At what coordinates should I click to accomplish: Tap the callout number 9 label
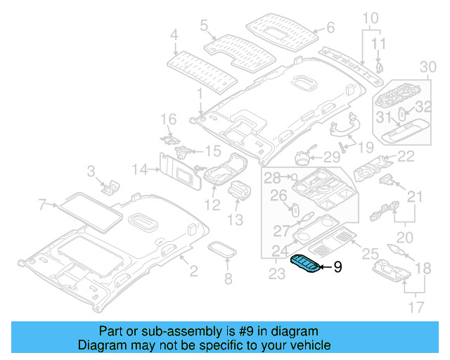(x=337, y=267)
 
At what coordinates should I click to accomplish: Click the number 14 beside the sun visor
(x=141, y=169)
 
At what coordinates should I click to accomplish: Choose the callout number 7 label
(x=42, y=205)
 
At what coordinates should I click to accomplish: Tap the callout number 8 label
(x=227, y=280)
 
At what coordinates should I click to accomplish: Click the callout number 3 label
(x=91, y=171)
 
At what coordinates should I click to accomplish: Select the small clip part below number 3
(x=110, y=186)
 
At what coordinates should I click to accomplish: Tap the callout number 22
(x=406, y=156)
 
